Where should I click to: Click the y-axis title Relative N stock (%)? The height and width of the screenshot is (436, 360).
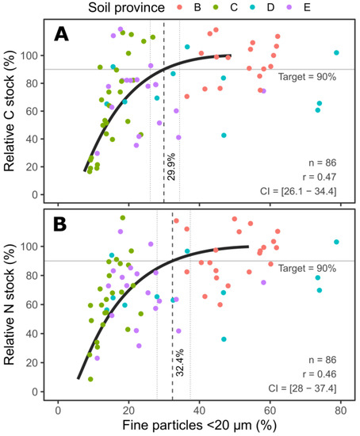pos(10,300)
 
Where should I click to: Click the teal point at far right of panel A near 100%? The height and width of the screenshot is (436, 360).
pos(336,52)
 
